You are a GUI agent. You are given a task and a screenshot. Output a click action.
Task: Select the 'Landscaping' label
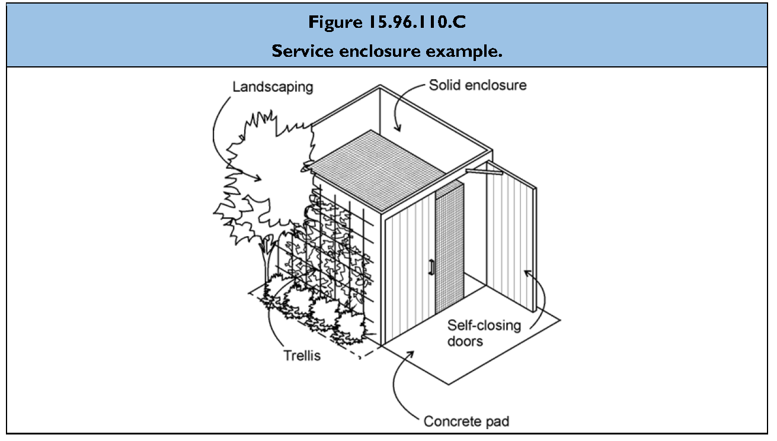click(272, 86)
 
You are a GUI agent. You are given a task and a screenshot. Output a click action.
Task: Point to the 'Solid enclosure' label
click(478, 85)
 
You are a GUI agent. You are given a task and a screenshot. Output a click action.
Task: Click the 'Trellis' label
click(301, 356)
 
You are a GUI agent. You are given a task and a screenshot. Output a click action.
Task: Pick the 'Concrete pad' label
click(466, 421)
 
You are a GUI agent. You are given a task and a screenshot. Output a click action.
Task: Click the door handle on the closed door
click(431, 268)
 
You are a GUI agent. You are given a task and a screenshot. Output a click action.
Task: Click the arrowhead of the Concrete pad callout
click(411, 353)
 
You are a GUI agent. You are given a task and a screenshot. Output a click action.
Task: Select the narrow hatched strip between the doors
click(449, 249)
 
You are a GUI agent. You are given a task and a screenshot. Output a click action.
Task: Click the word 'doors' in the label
click(465, 341)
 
